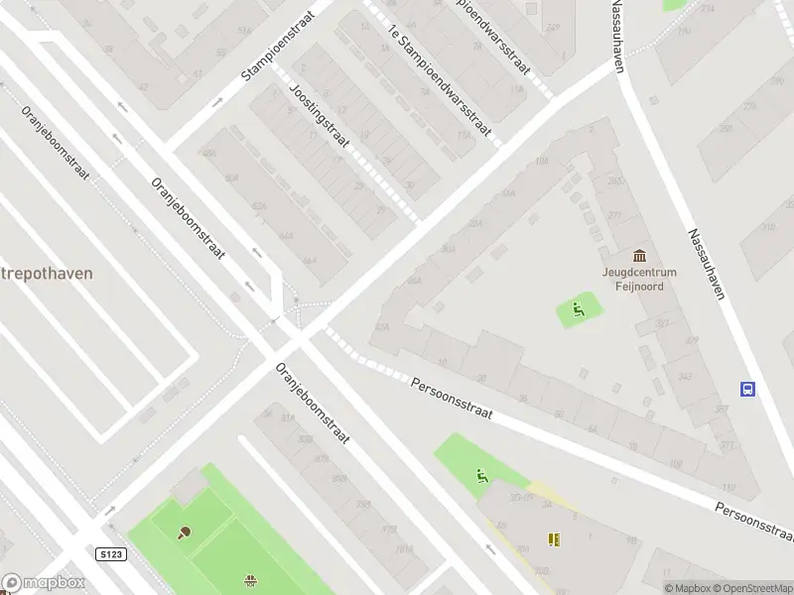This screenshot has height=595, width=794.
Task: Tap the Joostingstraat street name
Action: point(320,116)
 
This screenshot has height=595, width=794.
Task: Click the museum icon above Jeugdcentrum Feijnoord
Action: point(638,256)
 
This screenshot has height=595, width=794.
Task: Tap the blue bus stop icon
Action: point(747,389)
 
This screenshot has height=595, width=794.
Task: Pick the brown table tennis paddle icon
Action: point(184,532)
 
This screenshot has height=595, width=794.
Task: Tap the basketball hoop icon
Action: point(250,580)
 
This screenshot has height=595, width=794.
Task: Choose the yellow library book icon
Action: point(554,539)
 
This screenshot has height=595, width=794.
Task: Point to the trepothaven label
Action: point(47,273)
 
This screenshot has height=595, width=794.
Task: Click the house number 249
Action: point(553,28)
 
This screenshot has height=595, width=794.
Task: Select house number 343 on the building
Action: point(684,377)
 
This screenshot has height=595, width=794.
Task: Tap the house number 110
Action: point(728,487)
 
